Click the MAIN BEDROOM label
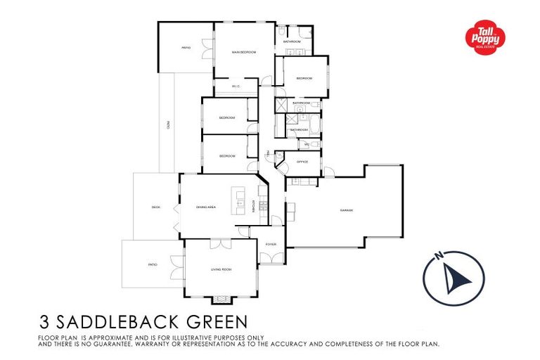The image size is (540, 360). pyautogui.click(x=243, y=53)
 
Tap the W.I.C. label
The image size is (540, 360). pyautogui.click(x=236, y=86)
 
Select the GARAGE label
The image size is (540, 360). pyautogui.click(x=346, y=210)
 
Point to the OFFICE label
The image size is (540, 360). pyautogui.click(x=302, y=162)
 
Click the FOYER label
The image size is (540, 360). pyautogui.click(x=271, y=245)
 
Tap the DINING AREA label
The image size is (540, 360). pyautogui.click(x=206, y=207)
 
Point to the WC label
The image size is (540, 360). pyautogui.click(x=307, y=144)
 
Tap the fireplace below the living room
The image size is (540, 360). pyautogui.click(x=221, y=300)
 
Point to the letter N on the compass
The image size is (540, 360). pyautogui.click(x=438, y=255)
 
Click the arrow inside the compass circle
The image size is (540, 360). pyautogui.click(x=458, y=280)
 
